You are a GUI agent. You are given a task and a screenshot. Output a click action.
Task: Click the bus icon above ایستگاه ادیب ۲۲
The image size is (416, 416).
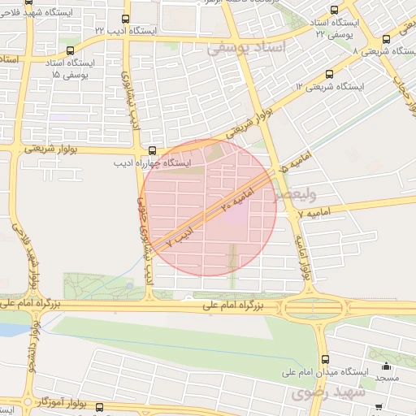click(x=125, y=18)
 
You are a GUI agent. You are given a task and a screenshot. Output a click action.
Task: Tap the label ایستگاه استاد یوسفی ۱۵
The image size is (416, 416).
click(x=71, y=68)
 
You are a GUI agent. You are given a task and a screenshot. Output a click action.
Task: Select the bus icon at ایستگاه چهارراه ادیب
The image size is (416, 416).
click(x=153, y=150)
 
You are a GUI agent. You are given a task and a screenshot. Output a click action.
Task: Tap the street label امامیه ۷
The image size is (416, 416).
click(x=312, y=212)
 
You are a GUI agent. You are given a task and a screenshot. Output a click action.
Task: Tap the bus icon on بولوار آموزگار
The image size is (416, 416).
click(x=99, y=407)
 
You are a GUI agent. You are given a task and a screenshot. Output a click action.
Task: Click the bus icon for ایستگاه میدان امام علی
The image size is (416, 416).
click(x=325, y=359)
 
